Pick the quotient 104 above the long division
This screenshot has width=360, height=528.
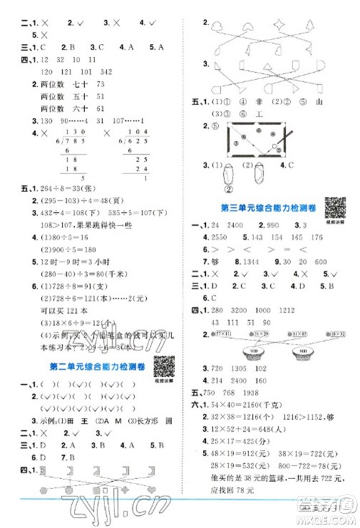[x=135, y=133]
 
